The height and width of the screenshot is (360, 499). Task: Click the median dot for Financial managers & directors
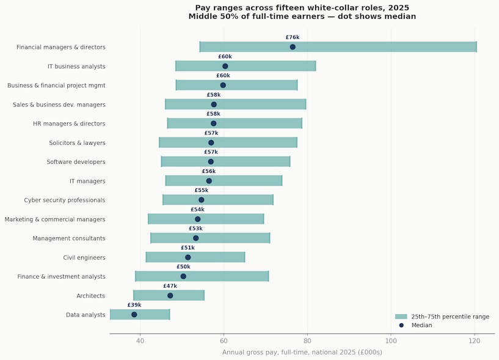[293, 47]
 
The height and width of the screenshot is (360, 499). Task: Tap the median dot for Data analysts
[134, 315]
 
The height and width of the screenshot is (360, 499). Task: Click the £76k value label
[293, 38]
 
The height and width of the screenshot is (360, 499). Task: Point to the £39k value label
[134, 305]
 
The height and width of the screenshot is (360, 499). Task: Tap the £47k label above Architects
[170, 286]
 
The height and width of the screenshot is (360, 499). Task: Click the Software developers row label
[76, 162]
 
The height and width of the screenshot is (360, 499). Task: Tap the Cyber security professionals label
[65, 200]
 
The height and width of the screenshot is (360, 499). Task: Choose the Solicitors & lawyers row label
[77, 143]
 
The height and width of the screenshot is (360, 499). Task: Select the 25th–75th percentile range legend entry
[450, 317]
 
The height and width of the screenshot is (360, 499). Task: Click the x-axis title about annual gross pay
[302, 353]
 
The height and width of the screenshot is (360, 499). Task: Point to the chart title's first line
[302, 8]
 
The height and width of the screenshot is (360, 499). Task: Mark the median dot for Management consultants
[196, 238]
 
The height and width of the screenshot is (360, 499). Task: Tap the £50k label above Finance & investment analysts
[183, 267]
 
